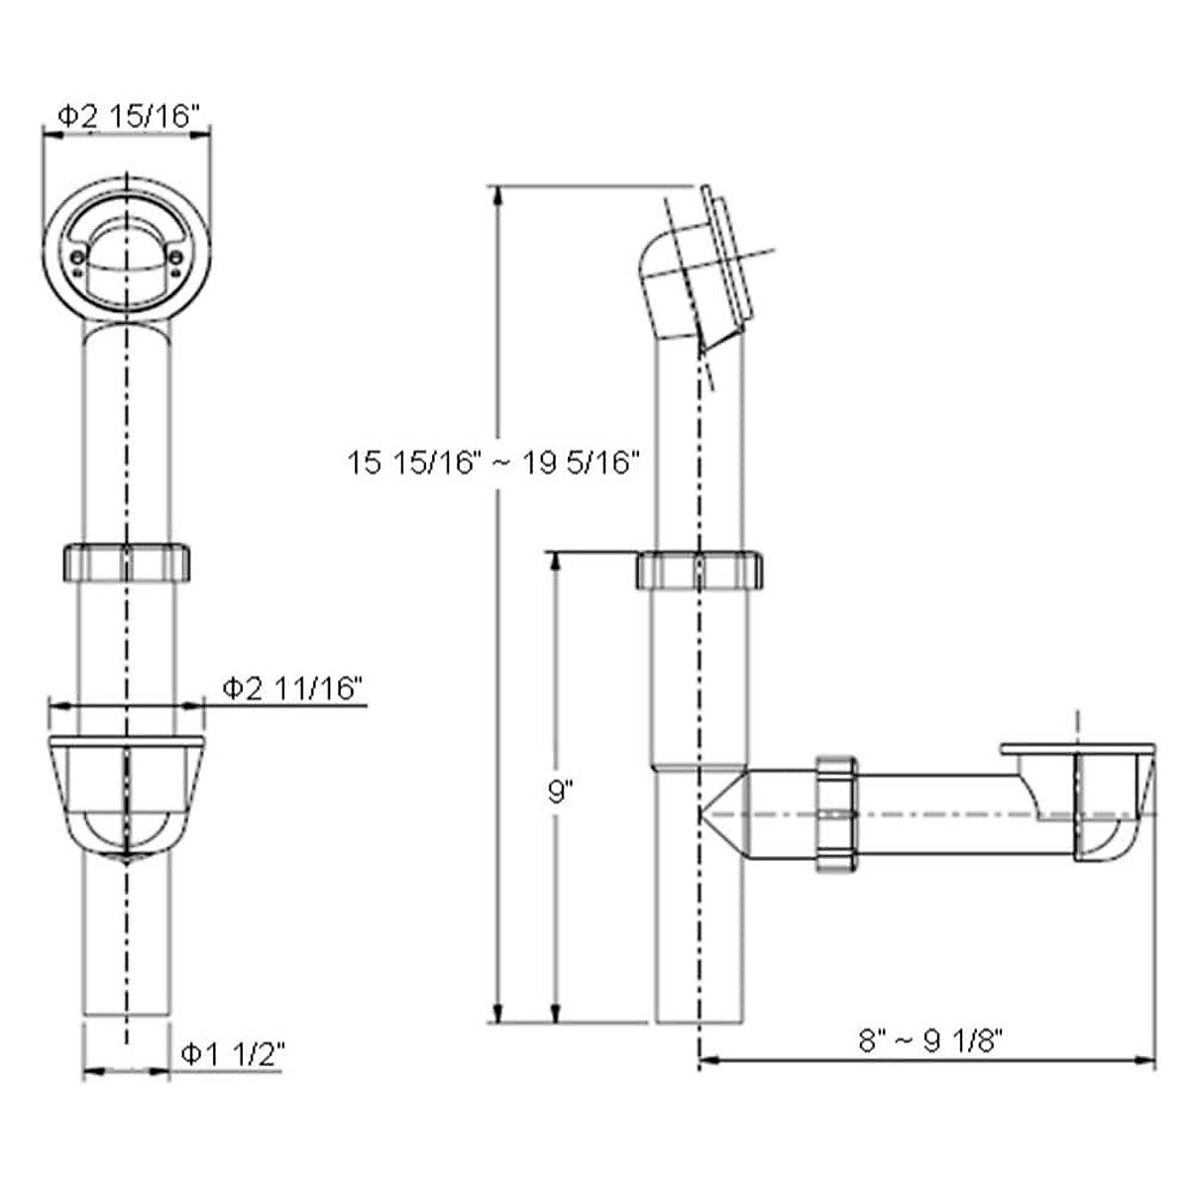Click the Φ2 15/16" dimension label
point(130,115)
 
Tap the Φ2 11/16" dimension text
point(291,688)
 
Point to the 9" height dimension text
point(560,792)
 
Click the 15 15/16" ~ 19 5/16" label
point(493,462)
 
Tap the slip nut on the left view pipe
point(127,562)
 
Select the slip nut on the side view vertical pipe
point(700,569)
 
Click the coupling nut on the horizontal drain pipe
point(837,812)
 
